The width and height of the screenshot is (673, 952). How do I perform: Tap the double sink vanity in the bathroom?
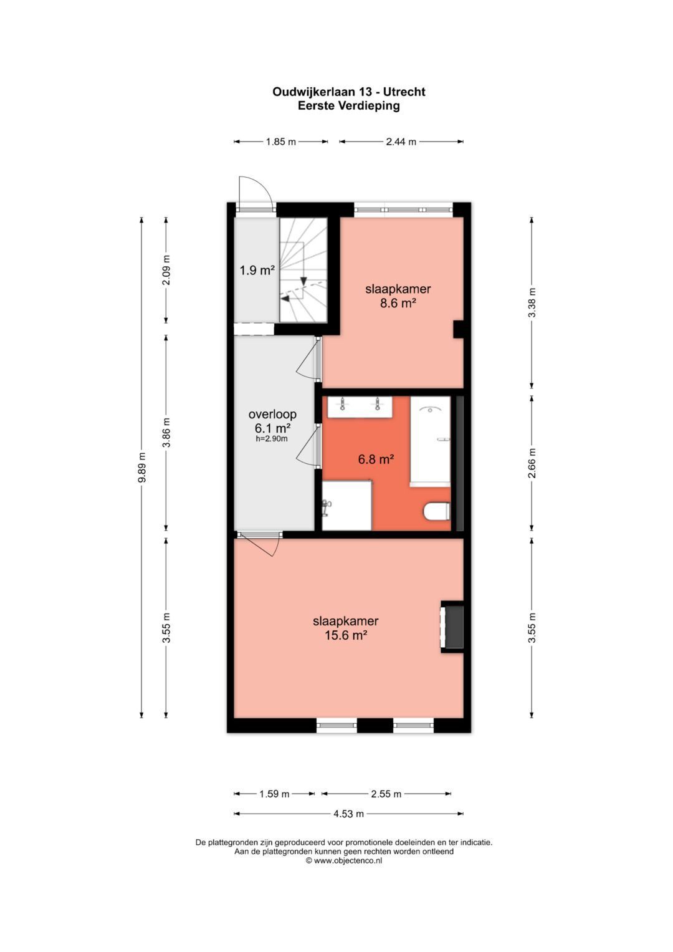(x=360, y=406)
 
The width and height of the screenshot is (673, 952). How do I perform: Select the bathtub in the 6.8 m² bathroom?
(x=430, y=440)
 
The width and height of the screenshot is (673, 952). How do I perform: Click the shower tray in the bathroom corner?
(x=346, y=505)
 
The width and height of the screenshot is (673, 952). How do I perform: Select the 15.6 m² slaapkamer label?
(x=345, y=628)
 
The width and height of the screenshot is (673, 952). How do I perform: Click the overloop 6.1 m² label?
(x=272, y=421)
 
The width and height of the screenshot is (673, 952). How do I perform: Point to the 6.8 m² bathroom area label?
(x=376, y=459)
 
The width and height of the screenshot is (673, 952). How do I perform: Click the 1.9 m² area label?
(x=257, y=271)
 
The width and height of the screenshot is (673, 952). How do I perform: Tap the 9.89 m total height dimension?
(x=142, y=467)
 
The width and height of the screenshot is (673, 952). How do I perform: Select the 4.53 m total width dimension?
(x=348, y=814)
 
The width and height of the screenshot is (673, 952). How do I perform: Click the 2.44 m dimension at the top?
(x=401, y=142)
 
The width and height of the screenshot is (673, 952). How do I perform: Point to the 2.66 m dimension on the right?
(x=532, y=463)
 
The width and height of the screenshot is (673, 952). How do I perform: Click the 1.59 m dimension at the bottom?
(x=274, y=794)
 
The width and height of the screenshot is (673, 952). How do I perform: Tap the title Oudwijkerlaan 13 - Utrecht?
(x=348, y=92)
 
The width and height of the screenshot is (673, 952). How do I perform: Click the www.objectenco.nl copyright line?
(x=344, y=860)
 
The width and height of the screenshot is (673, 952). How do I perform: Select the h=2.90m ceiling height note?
(x=272, y=439)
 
